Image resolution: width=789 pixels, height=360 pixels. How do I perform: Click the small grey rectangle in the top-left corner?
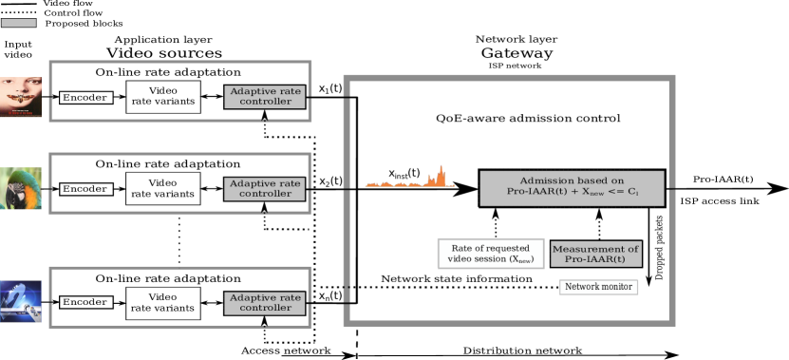point(18,23)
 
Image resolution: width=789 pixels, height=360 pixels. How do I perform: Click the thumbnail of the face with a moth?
point(21,97)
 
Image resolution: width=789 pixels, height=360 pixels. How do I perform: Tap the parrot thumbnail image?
point(21,188)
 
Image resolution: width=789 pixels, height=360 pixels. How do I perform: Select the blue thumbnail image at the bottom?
point(21,301)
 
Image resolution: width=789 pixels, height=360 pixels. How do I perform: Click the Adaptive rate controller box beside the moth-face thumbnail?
point(265,97)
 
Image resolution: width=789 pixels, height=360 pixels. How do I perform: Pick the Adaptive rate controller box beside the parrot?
point(265,188)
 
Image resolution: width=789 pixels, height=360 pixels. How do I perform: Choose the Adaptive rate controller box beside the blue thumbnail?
point(265,303)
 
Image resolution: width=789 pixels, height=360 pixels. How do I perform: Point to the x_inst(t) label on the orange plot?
point(404,172)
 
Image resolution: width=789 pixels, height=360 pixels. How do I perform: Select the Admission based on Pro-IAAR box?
point(572,188)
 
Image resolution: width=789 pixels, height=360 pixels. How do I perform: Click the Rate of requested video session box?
point(491,254)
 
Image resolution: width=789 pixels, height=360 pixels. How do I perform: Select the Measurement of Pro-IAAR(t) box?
point(595,254)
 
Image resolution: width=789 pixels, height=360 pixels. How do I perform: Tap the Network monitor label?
point(598,287)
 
